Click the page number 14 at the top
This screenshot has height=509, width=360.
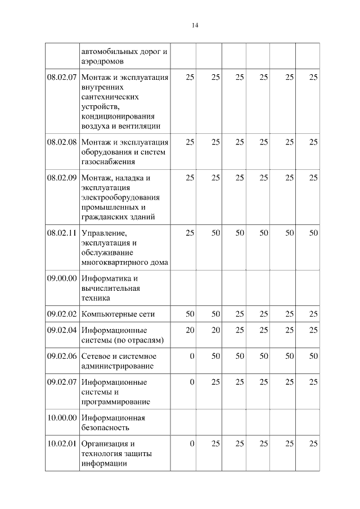coord(195,25)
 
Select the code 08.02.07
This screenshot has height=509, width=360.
coord(62,77)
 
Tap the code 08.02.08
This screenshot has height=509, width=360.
coord(62,142)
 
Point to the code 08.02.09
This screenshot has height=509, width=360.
coord(62,178)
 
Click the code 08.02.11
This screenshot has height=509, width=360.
coord(62,233)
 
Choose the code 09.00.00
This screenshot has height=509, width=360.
coord(62,278)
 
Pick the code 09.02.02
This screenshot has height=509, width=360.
coord(62,314)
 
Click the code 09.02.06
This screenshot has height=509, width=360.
coord(62,356)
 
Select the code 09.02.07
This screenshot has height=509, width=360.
coord(62,382)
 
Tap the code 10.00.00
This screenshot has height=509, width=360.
coord(62,418)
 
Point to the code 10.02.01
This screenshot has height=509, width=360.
coord(62,444)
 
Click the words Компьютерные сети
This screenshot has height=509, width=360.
coord(118,314)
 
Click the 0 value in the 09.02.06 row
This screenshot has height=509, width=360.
coord(192,356)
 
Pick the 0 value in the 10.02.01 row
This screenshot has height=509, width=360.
coord(192,444)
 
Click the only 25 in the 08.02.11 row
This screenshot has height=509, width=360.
coord(190,233)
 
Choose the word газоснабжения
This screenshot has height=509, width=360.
coord(108,162)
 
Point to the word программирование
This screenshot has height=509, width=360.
coord(115,402)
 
